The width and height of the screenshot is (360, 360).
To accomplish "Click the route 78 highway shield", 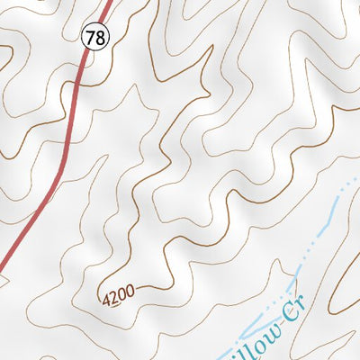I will click(94, 37).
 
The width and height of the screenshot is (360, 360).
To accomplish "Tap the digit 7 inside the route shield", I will click(90, 37).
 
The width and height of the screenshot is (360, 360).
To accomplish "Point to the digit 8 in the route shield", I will click(97, 37).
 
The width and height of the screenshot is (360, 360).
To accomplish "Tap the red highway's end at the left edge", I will click(2, 267).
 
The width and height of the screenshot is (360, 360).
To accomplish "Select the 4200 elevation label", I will click(118, 293).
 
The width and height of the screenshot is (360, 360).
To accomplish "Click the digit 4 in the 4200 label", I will click(107, 298).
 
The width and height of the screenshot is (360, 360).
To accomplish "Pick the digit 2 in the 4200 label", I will click(114, 294).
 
